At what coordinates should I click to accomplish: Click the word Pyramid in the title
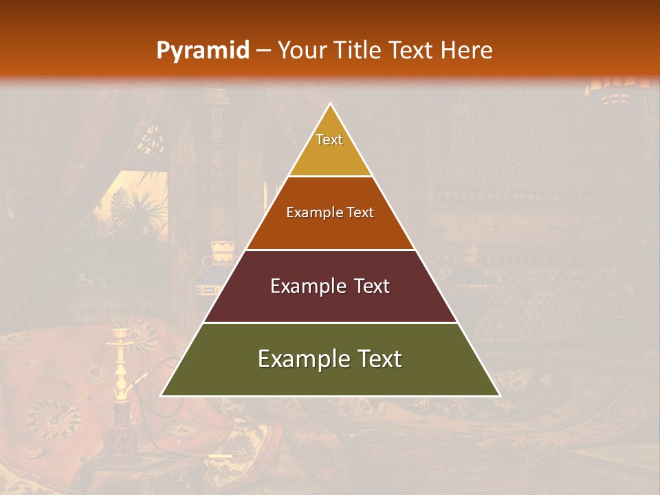(x=202, y=51)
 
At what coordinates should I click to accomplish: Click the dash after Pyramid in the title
(x=263, y=51)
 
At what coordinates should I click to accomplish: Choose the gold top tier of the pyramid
(x=330, y=155)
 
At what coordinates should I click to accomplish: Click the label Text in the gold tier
(x=329, y=140)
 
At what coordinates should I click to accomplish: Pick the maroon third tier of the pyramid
(x=330, y=302)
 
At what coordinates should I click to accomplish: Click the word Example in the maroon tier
(x=306, y=287)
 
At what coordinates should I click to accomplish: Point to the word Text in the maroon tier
(x=371, y=287)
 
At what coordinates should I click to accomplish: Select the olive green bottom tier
(x=330, y=378)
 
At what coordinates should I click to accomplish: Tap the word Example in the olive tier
(x=302, y=360)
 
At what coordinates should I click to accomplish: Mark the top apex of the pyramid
(x=331, y=104)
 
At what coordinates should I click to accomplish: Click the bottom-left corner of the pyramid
(x=162, y=395)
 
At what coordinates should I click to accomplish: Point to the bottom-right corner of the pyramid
(x=499, y=395)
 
